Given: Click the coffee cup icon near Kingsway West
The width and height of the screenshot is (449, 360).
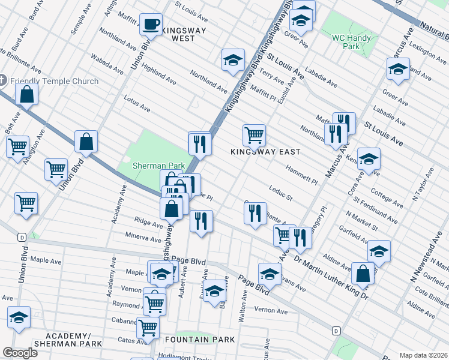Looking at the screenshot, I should (151, 25).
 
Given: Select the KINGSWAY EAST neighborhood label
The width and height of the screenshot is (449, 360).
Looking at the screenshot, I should (265, 152).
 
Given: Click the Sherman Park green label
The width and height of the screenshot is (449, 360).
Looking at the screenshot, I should (151, 165).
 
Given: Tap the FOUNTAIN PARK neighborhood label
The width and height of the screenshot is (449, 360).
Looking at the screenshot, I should (205, 340).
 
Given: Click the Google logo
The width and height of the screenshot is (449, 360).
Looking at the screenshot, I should (20, 353).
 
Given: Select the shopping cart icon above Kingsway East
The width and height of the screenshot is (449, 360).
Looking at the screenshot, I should (254, 136).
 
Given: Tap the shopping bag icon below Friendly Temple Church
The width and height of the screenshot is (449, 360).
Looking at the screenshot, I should (27, 94).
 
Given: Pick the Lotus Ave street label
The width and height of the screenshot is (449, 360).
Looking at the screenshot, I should (136, 104).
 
